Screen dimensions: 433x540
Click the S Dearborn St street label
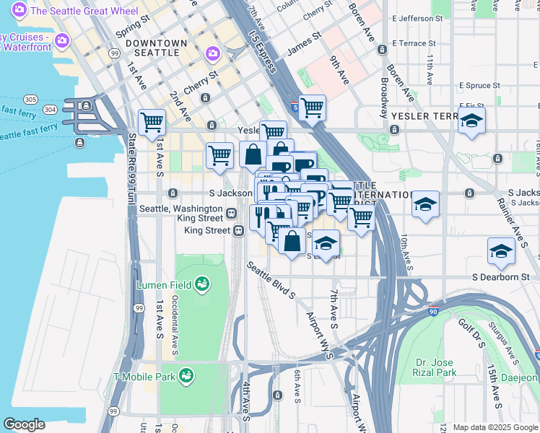coord(500,276)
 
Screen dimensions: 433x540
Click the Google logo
coord(24,424)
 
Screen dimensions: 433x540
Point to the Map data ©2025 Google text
coord(495,427)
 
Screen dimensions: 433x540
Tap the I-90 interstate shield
coord(433,312)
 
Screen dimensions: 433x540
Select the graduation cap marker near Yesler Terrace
coord(471,121)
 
